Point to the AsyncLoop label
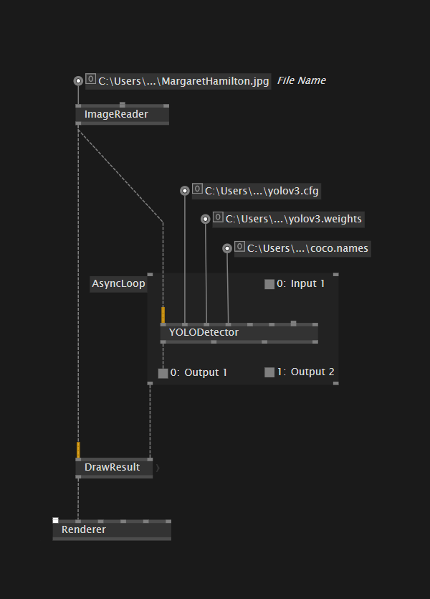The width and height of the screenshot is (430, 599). point(118,283)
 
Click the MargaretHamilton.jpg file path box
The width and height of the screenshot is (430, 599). point(183,81)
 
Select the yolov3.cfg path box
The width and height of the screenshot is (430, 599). point(262,191)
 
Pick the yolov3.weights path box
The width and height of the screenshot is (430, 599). point(293,219)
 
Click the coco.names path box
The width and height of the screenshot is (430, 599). point(307,248)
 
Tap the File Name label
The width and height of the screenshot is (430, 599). point(302,80)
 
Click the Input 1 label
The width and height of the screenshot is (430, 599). point(307,283)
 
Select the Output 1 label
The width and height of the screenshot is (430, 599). point(206,372)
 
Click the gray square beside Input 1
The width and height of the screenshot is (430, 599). point(269,284)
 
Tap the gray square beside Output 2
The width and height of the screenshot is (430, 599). point(269,372)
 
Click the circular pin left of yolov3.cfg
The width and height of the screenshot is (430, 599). point(185,191)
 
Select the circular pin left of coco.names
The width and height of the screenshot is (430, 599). point(227,248)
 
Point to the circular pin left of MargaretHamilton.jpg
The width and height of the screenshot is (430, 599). point(78,81)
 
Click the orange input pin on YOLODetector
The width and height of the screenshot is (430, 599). point(163,315)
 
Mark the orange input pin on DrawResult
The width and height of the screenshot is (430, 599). point(78,450)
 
